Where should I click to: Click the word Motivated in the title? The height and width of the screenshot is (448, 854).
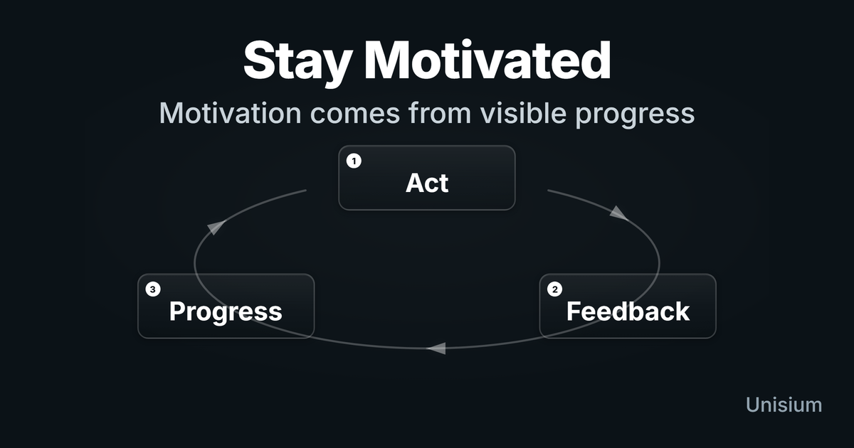pyautogui.click(x=487, y=60)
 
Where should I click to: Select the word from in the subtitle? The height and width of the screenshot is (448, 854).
pyautogui.click(x=440, y=113)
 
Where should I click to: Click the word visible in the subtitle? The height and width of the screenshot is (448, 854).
pyautogui.click(x=523, y=113)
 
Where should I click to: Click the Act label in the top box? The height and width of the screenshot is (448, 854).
pyautogui.click(x=427, y=183)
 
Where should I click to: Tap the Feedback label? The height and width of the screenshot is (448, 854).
pyautogui.click(x=628, y=311)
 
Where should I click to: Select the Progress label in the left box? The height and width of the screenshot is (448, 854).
pyautogui.click(x=226, y=312)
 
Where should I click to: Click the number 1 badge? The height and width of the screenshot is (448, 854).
pyautogui.click(x=354, y=161)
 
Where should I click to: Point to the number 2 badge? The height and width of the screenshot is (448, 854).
pyautogui.click(x=554, y=289)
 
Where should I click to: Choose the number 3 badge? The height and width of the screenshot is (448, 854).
pyautogui.click(x=153, y=289)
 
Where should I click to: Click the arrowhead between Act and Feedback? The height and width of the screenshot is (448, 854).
pyautogui.click(x=618, y=213)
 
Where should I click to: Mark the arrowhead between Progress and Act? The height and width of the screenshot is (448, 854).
pyautogui.click(x=216, y=227)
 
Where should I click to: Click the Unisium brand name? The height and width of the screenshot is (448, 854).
pyautogui.click(x=784, y=405)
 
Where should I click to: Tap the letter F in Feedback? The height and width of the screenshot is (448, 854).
pyautogui.click(x=573, y=311)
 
